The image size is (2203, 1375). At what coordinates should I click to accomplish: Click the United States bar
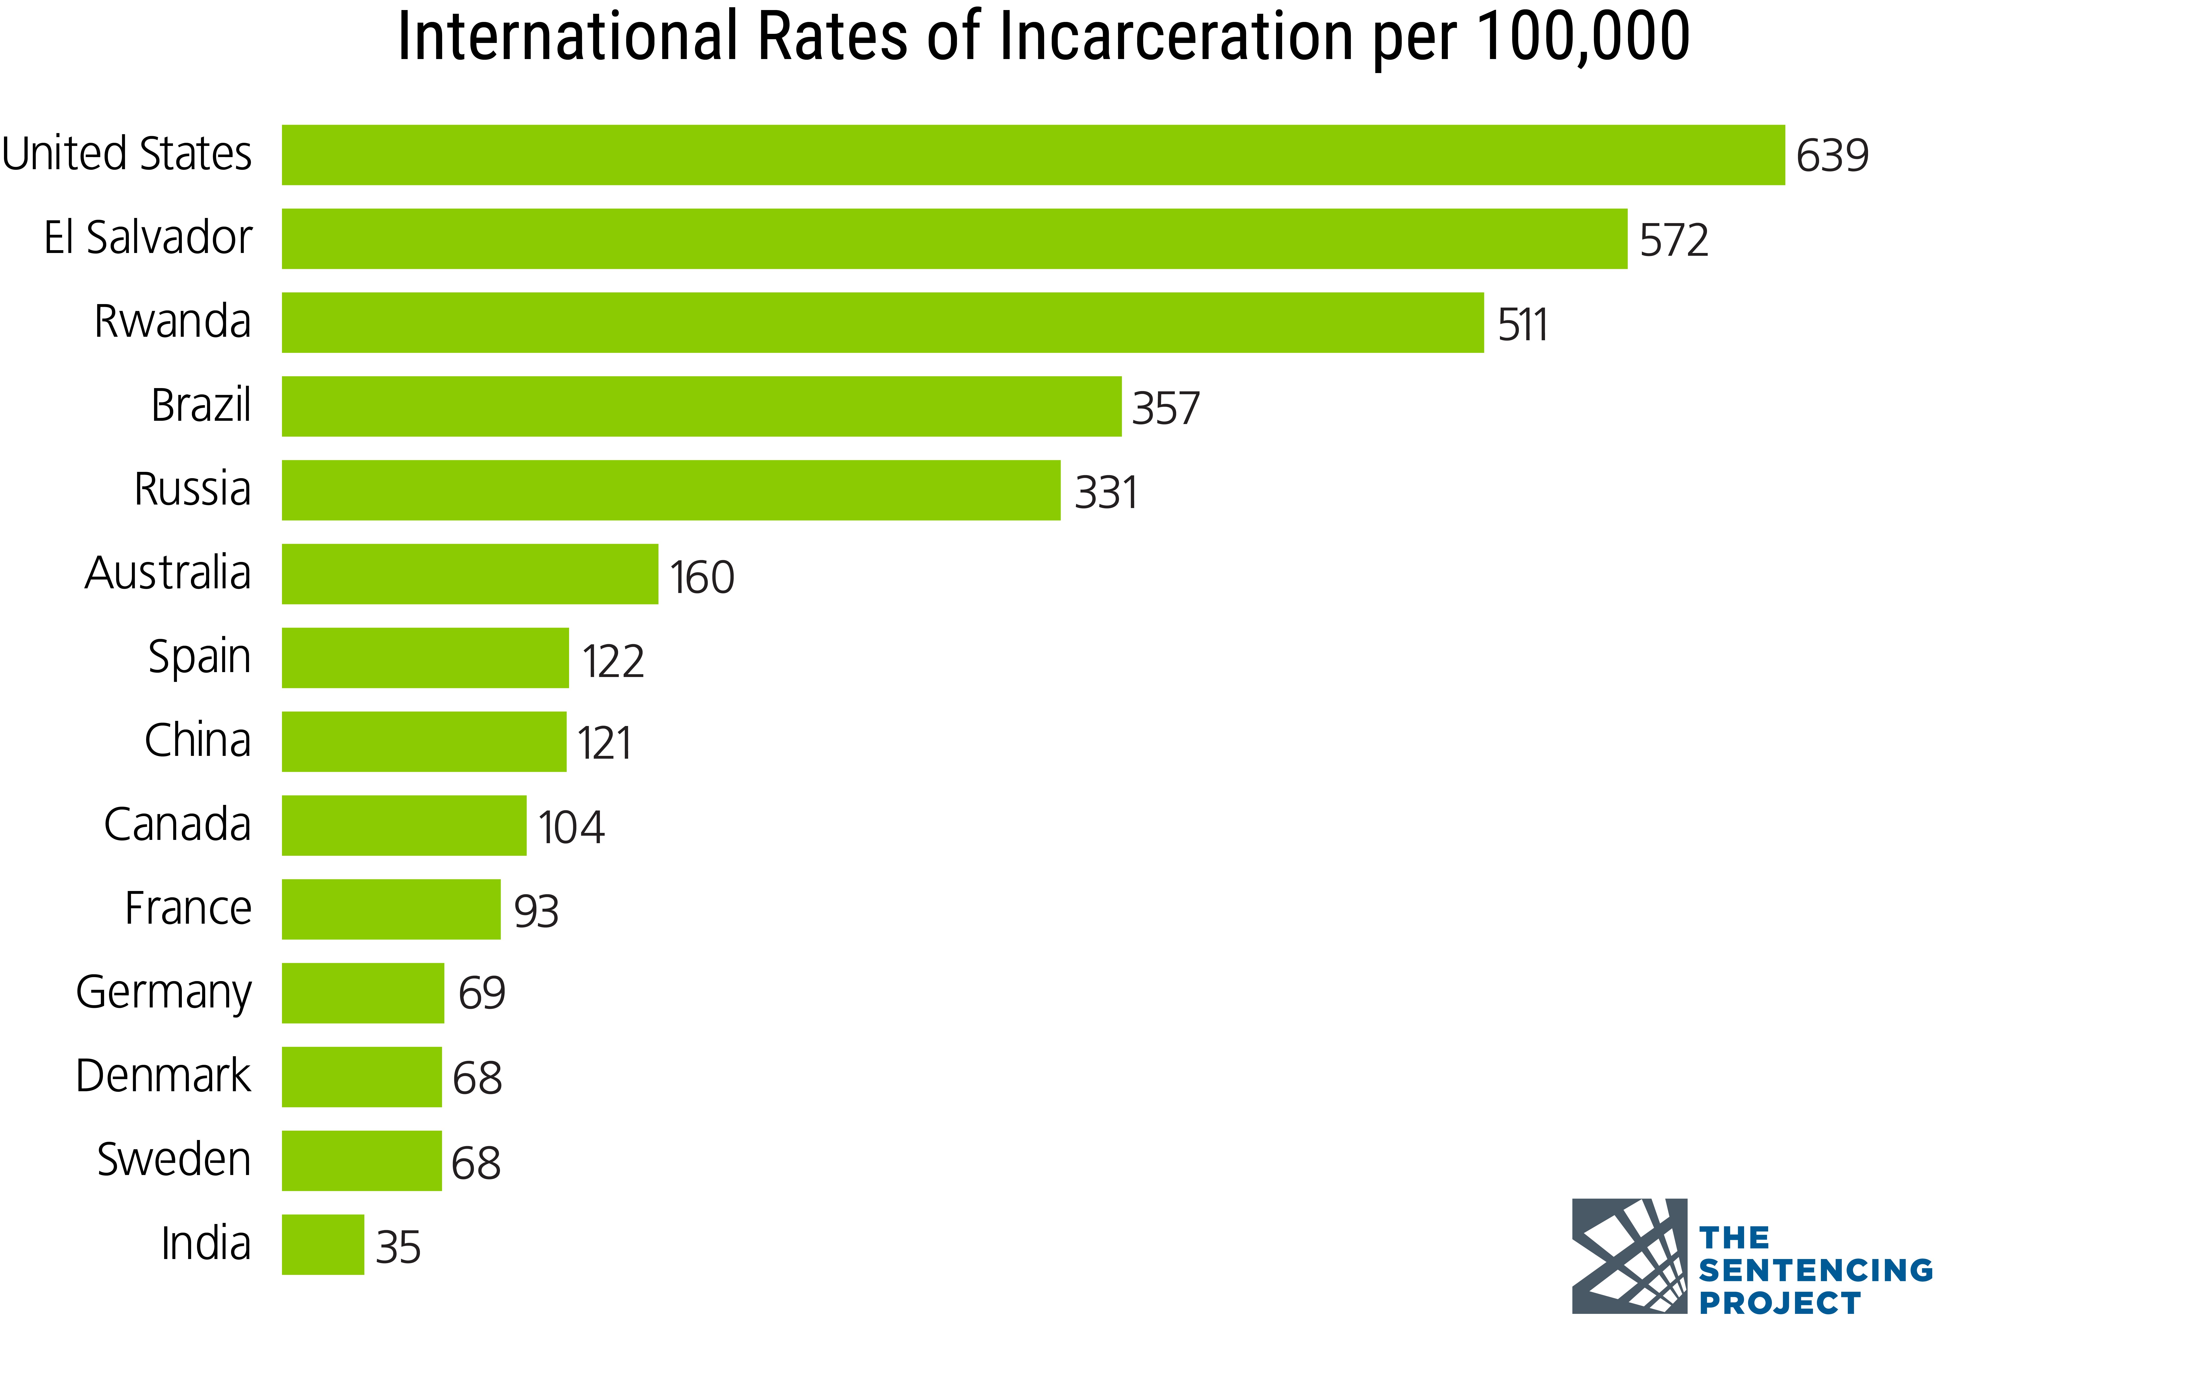click(1032, 154)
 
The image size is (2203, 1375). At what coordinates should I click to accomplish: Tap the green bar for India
click(323, 1244)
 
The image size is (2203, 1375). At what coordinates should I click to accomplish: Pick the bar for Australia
click(469, 574)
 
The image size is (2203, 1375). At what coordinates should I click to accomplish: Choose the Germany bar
click(363, 993)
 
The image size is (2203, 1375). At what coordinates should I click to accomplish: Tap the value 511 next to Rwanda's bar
click(1522, 325)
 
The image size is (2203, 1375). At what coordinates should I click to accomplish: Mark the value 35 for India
click(398, 1247)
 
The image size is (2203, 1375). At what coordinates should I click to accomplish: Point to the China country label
click(197, 740)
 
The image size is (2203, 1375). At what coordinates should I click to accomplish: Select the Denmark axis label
click(163, 1076)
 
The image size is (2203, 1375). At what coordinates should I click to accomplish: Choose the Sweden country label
click(174, 1159)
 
